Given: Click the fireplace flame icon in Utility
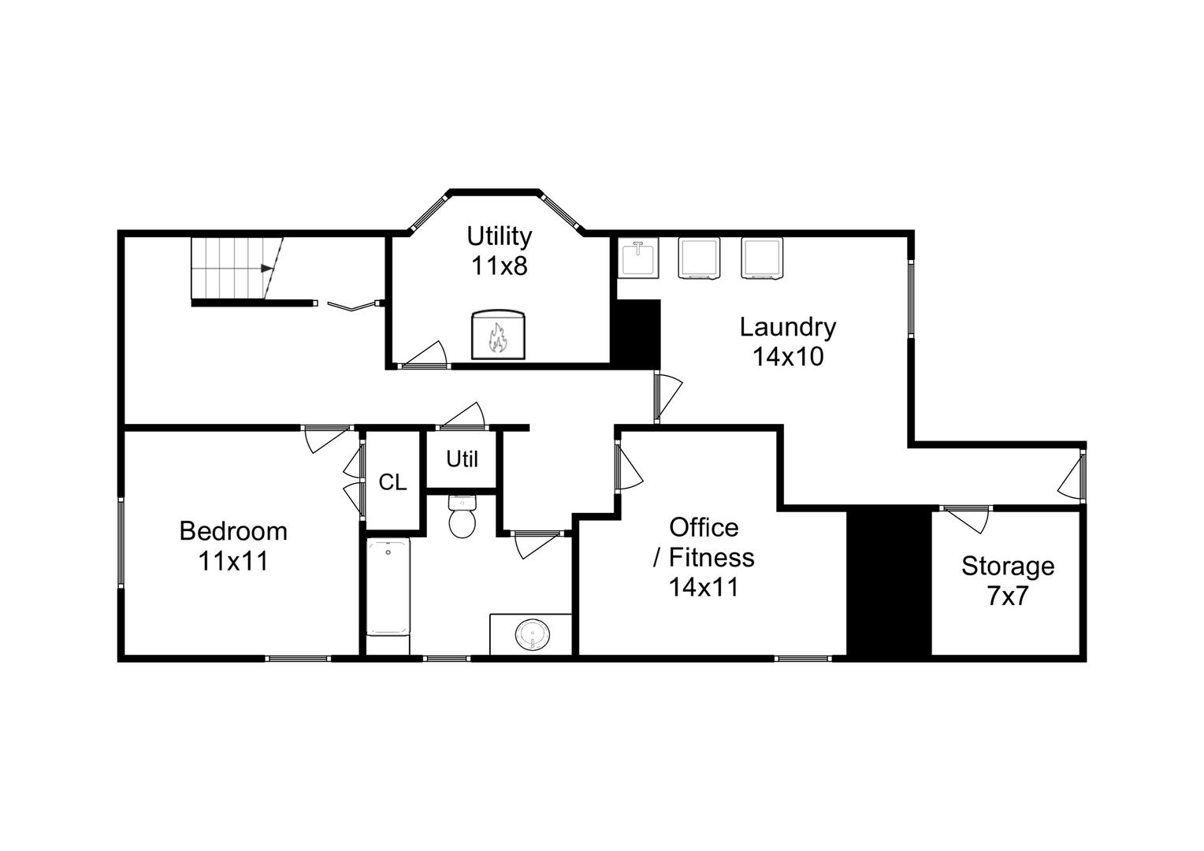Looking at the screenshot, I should click(497, 338).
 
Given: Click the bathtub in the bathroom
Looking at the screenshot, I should click(388, 587).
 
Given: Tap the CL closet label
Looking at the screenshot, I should click(392, 482).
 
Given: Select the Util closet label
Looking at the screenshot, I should click(462, 459).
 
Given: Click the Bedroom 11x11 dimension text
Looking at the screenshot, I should click(233, 561).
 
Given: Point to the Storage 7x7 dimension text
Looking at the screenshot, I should click(1007, 596).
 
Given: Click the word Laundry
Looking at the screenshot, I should click(787, 326).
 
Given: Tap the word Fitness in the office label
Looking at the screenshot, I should click(712, 557).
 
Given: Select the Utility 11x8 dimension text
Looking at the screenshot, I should click(499, 266).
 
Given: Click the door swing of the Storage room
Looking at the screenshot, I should click(966, 519).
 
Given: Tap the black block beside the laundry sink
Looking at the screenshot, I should click(637, 333).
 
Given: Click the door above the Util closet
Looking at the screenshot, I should click(463, 417).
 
